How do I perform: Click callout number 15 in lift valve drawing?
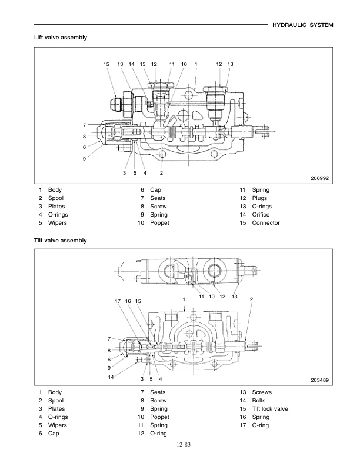(x=106, y=64)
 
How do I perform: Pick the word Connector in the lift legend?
(x=266, y=223)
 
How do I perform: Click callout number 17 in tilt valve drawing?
(x=118, y=301)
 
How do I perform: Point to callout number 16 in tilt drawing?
(x=128, y=301)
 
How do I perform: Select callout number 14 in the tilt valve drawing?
(x=111, y=377)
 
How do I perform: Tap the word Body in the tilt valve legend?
(x=55, y=392)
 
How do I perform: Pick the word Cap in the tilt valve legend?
(x=54, y=434)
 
